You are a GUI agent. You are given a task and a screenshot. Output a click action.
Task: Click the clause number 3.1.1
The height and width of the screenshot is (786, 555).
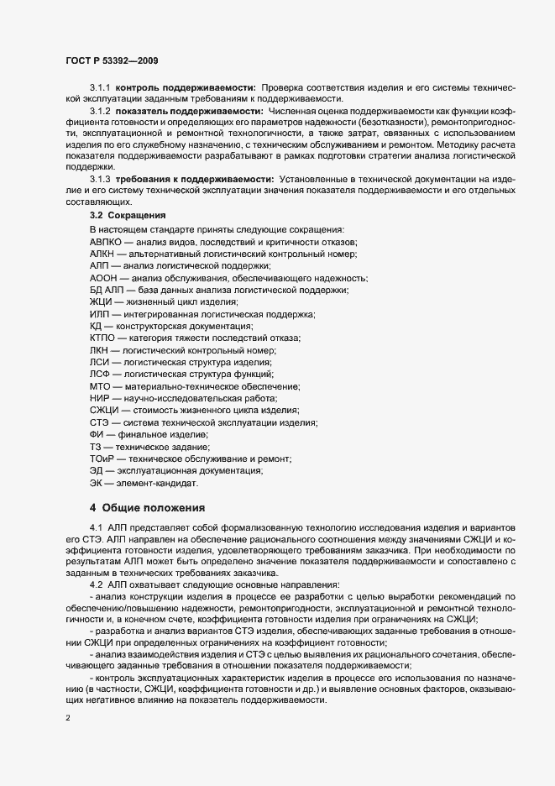click(99, 87)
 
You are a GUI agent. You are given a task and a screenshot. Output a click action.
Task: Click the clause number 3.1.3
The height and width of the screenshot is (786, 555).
click(99, 180)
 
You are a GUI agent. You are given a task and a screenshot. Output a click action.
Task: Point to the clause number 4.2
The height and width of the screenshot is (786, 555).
click(94, 584)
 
